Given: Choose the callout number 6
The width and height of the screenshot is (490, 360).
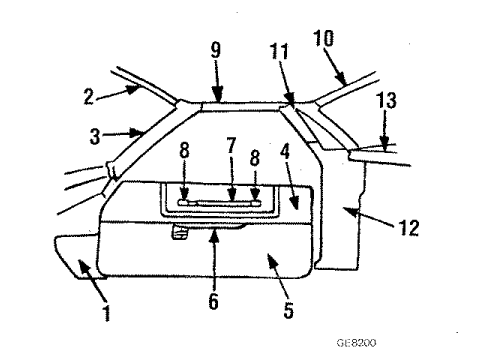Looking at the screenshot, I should [211, 299].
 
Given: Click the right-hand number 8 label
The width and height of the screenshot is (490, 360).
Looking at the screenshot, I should [255, 160].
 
